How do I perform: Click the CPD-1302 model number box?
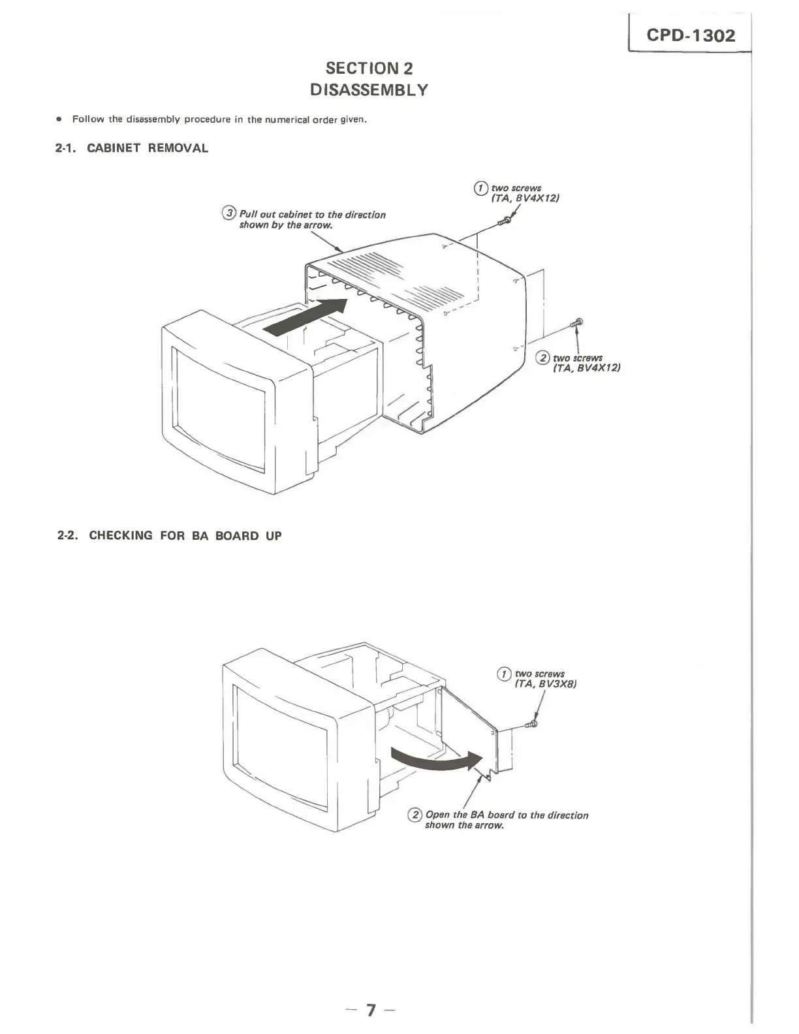pyautogui.click(x=690, y=35)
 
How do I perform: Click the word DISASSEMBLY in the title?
pyautogui.click(x=369, y=90)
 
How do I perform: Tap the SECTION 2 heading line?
pyautogui.click(x=369, y=68)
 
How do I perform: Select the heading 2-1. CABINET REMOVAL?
pyautogui.click(x=132, y=148)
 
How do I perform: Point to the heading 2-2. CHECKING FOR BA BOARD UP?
pyautogui.click(x=169, y=536)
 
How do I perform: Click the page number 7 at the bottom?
pyautogui.click(x=371, y=1010)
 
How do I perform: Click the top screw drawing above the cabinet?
pyautogui.click(x=504, y=222)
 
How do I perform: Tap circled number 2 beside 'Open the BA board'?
pyautogui.click(x=415, y=815)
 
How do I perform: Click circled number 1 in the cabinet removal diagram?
pyautogui.click(x=481, y=188)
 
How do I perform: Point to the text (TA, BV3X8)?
pyautogui.click(x=546, y=684)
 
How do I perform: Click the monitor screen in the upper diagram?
pyautogui.click(x=219, y=407)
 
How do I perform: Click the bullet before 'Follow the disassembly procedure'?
pyautogui.click(x=59, y=119)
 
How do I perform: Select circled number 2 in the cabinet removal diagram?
pyautogui.click(x=542, y=358)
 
